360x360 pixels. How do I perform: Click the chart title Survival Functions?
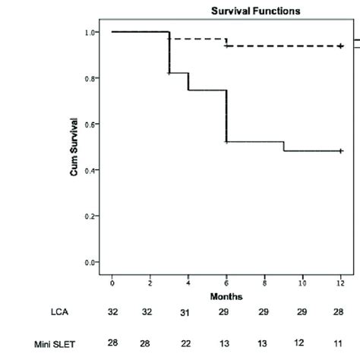point(245,11)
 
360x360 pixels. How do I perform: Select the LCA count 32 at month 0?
point(112,312)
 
